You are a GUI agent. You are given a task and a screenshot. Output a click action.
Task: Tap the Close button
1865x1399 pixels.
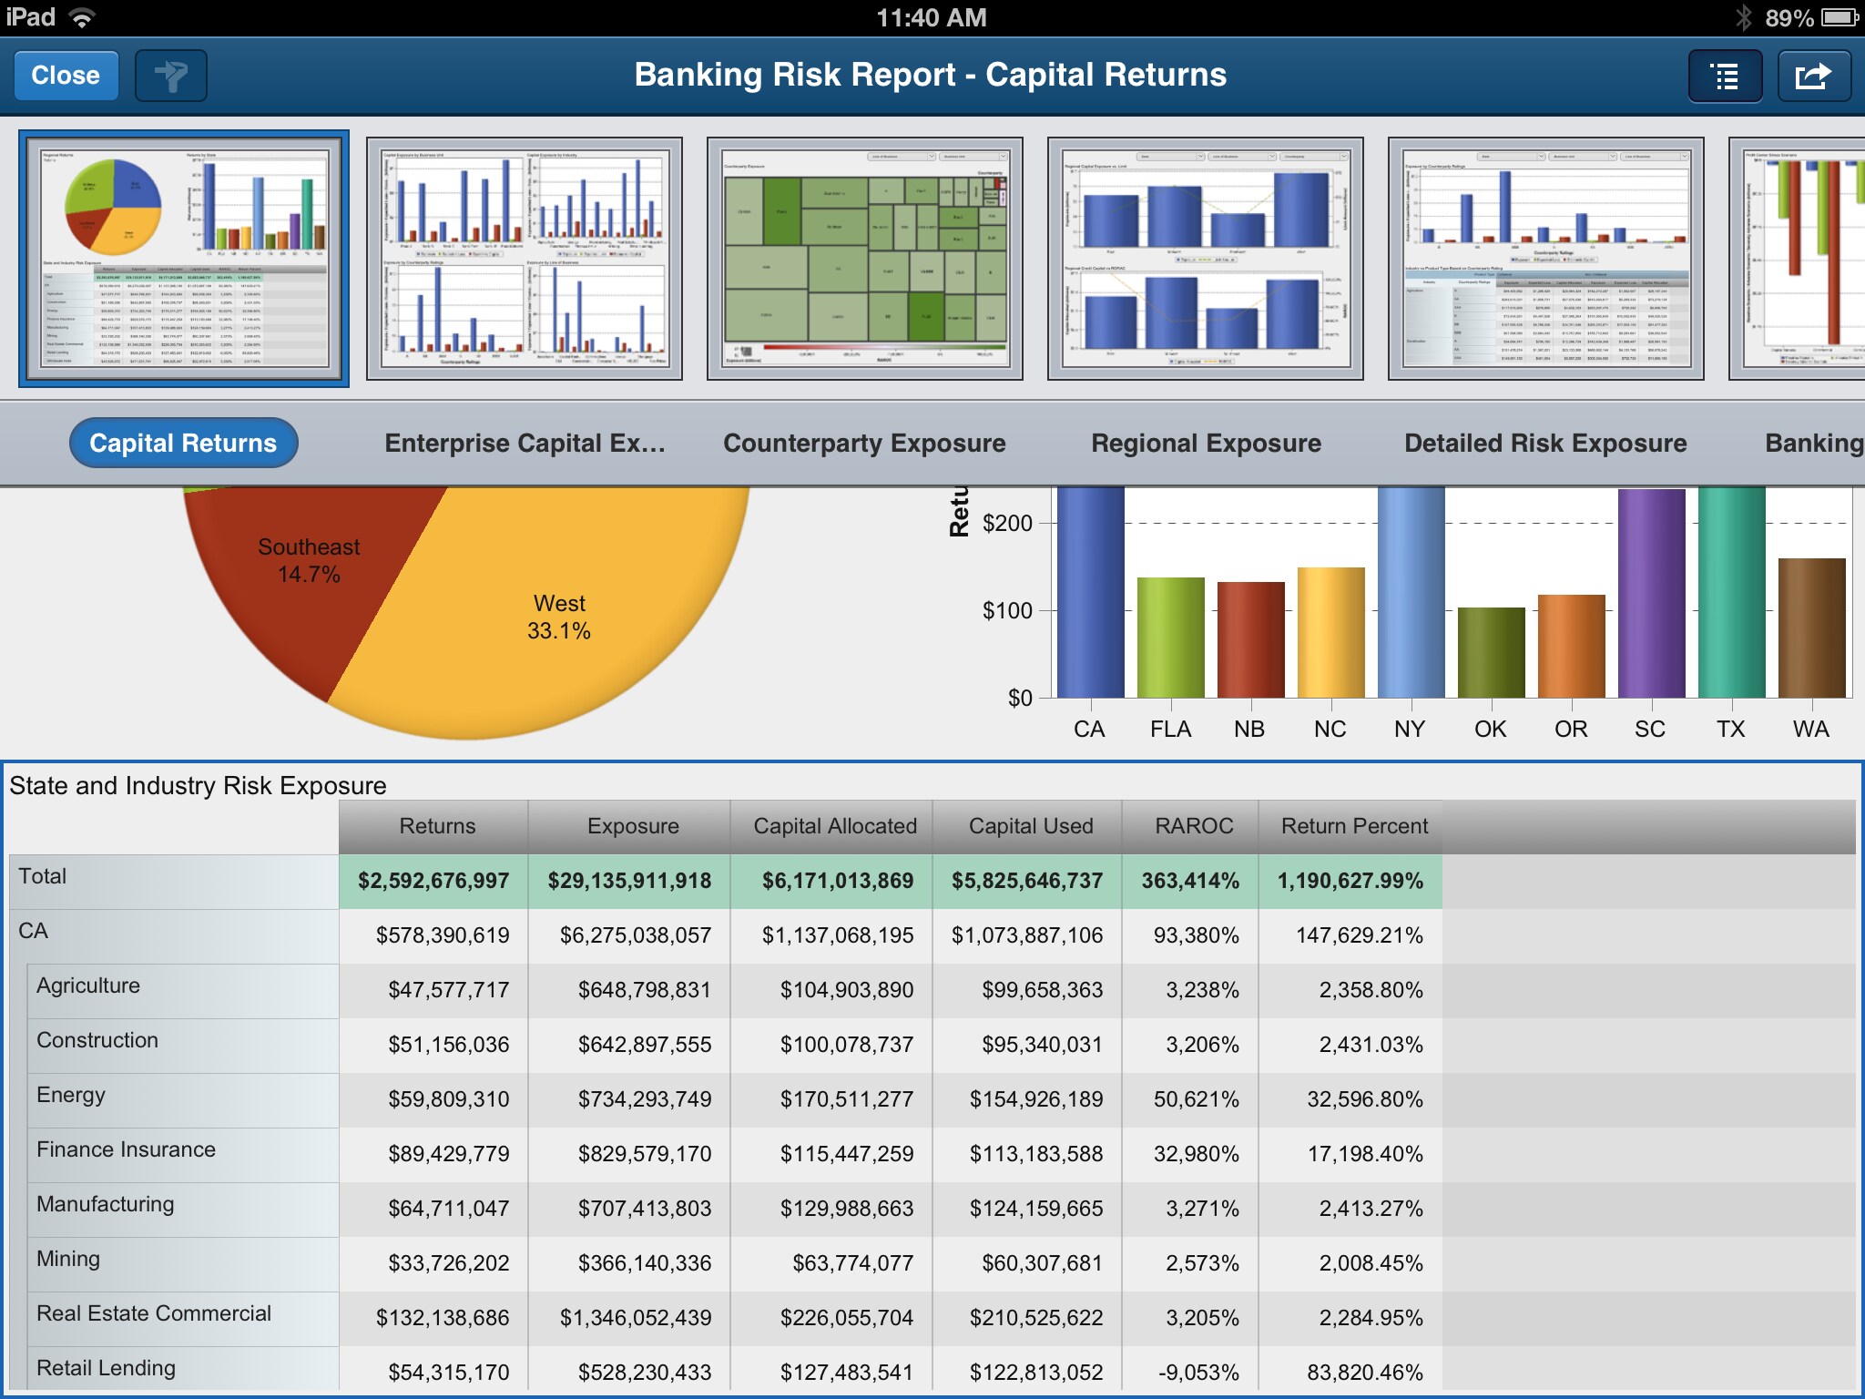point(66,75)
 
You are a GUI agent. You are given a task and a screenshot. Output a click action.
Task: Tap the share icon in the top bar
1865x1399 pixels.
point(1813,76)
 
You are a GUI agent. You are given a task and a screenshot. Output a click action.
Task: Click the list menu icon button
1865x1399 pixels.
point(1725,76)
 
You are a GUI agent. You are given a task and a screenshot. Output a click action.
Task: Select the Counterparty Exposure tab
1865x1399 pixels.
point(864,443)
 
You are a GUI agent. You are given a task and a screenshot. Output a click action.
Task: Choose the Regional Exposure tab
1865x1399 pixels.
point(1206,443)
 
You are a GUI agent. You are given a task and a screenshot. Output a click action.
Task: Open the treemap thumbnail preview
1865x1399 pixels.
point(864,259)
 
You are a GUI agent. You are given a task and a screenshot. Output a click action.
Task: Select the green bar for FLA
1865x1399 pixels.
point(1170,638)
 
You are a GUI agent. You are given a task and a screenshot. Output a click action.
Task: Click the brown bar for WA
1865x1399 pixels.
point(1811,628)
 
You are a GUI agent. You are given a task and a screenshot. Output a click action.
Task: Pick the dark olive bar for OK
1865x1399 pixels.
point(1491,652)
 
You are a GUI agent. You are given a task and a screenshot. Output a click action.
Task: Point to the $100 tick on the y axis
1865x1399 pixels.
point(1007,610)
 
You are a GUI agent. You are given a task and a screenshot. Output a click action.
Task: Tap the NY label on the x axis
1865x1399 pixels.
point(1409,730)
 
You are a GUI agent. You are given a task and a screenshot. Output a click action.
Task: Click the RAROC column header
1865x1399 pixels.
point(1193,826)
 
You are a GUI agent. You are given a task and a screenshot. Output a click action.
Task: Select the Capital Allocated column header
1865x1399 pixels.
point(834,826)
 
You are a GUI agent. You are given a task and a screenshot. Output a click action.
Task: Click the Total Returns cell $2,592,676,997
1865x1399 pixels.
point(433,881)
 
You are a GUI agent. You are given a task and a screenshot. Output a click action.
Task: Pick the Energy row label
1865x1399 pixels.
point(71,1095)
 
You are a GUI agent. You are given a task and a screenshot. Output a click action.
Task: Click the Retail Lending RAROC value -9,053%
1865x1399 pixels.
point(1197,1373)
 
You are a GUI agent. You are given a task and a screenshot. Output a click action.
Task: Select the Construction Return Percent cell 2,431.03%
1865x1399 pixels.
point(1371,1045)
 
